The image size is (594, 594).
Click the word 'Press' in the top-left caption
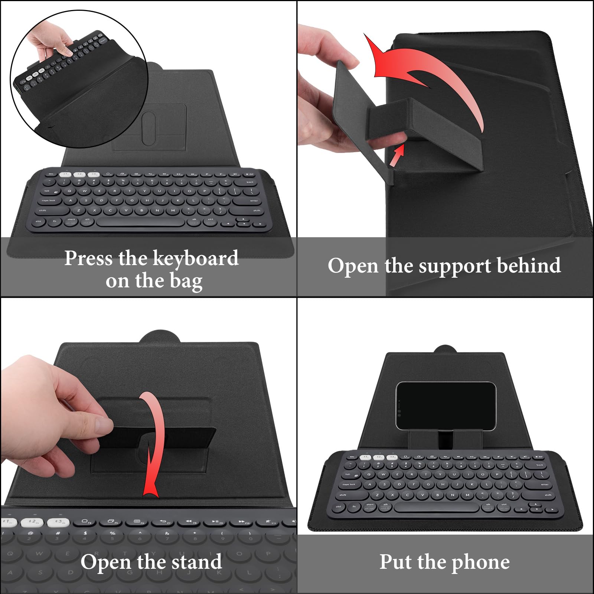tap(88, 258)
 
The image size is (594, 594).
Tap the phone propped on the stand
tap(446, 406)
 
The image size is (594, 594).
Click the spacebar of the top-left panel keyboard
tap(141, 222)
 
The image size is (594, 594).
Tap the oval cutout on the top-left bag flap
tap(148, 128)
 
